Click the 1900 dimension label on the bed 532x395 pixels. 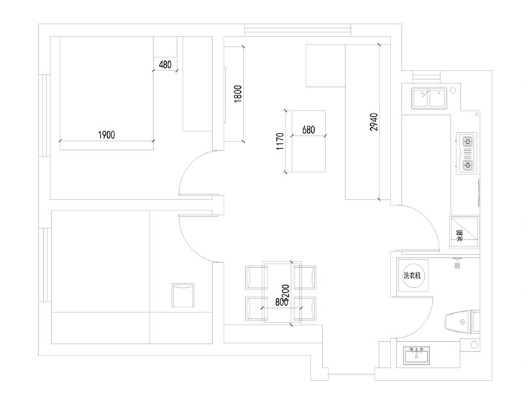106,134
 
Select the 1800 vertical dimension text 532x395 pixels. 238,94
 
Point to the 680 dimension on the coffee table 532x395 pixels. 308,130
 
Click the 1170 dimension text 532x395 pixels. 280,143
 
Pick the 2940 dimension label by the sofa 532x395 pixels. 372,123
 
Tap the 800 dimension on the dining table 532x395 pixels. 280,302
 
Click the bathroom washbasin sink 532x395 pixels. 416,355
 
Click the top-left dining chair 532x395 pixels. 255,276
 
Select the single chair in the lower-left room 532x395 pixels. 183,294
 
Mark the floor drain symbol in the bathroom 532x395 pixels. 457,264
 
